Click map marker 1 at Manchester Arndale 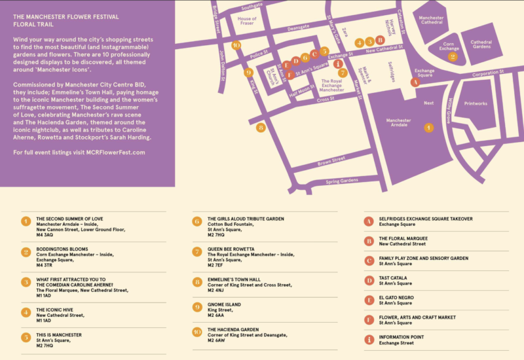click(x=428, y=128)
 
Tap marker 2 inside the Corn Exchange click(x=452, y=56)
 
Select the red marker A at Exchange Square click(x=414, y=82)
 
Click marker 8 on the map click(x=261, y=128)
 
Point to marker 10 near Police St click(x=236, y=45)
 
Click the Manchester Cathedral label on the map click(x=431, y=22)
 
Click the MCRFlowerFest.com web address click(x=108, y=152)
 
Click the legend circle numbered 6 click(x=196, y=221)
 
